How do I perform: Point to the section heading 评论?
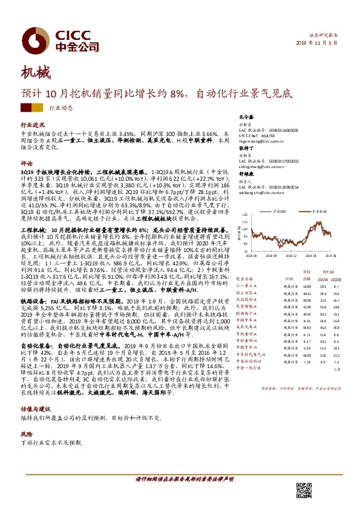point(25,163)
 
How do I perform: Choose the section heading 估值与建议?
point(33,409)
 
